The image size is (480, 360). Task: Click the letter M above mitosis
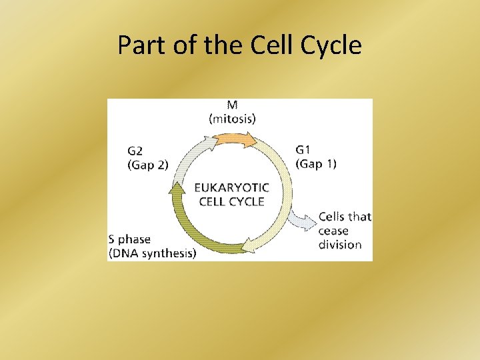click(x=232, y=106)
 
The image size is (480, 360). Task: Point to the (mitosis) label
click(x=232, y=119)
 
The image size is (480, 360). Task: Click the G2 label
click(x=136, y=151)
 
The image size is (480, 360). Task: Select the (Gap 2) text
click(x=148, y=165)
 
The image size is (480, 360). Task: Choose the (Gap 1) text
click(x=316, y=163)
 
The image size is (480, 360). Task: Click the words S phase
click(x=129, y=239)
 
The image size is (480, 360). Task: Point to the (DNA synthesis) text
click(x=152, y=253)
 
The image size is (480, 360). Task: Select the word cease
click(x=333, y=231)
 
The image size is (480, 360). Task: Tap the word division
click(x=340, y=244)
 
